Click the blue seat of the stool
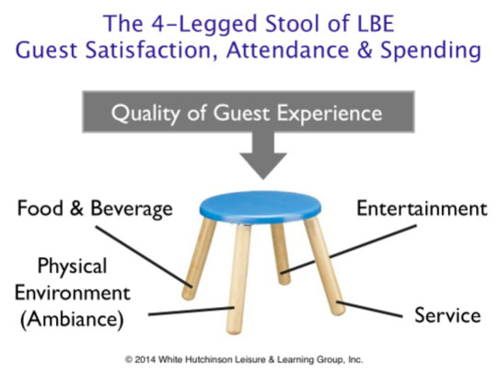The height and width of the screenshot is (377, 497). pyautogui.click(x=260, y=206)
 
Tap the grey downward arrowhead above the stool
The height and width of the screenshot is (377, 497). pyautogui.click(x=263, y=165)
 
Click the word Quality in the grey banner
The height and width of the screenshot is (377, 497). pyautogui.click(x=145, y=113)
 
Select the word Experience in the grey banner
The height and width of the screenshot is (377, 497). pyautogui.click(x=329, y=113)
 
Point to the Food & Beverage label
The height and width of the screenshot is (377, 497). pyautogui.click(x=95, y=208)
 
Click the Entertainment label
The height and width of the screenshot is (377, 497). pyautogui.click(x=422, y=208)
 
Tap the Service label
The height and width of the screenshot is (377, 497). pyautogui.click(x=447, y=315)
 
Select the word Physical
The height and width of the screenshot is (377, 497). pyautogui.click(x=73, y=266)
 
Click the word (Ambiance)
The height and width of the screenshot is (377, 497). pyautogui.click(x=72, y=319)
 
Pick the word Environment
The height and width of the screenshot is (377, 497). pyautogui.click(x=73, y=292)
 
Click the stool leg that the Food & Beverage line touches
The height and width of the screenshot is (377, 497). pyautogui.click(x=199, y=259)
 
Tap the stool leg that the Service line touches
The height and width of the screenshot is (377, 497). pyautogui.click(x=324, y=266)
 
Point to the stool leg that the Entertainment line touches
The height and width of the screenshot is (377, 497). pyautogui.click(x=281, y=253)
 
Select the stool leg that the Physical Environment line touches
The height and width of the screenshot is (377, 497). pyautogui.click(x=238, y=279)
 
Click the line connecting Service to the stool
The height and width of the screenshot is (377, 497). pyautogui.click(x=370, y=309)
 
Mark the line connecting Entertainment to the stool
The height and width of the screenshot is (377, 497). pyautogui.click(x=348, y=249)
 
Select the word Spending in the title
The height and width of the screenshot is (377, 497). pyautogui.click(x=431, y=51)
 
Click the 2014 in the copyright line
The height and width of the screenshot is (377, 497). pyautogui.click(x=145, y=359)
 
